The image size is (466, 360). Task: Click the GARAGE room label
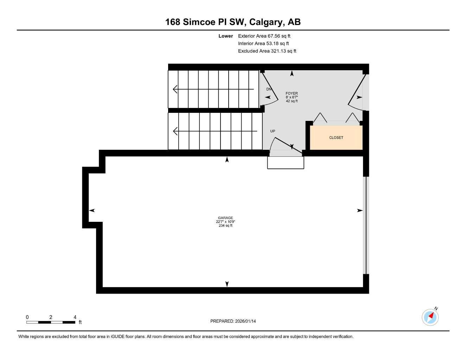coord(225,218)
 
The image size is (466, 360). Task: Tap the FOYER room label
coord(292,94)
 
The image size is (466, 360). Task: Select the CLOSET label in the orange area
coord(336,138)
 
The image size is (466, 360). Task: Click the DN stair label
coord(269,89)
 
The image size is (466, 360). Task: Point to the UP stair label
coord(273,131)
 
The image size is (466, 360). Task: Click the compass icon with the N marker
coord(430,317)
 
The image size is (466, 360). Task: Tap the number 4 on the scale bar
coord(75,317)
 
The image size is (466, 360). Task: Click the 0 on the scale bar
coord(27,317)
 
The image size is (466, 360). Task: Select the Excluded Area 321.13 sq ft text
coord(267,51)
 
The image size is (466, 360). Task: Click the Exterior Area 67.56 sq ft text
coord(264,36)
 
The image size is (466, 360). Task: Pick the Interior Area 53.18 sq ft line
coord(263,44)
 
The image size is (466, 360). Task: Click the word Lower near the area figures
coord(225,36)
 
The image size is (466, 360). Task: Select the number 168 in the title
coord(173,22)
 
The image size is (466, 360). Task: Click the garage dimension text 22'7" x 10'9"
coord(225,222)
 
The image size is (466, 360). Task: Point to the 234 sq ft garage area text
coord(225,226)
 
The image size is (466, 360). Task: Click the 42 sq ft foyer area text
coord(292,101)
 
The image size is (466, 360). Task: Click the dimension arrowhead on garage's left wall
coord(92,211)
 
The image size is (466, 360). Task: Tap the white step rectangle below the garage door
coord(286,163)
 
